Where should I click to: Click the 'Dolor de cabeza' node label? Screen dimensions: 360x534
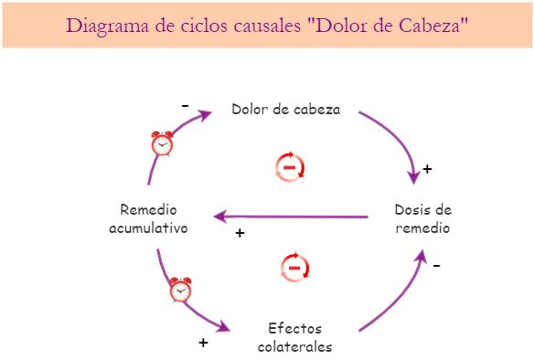[x=285, y=110]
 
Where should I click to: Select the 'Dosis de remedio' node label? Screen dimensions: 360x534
[x=422, y=218]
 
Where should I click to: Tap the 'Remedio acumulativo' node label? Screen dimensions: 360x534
[x=148, y=218]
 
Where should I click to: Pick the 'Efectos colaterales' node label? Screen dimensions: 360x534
[x=294, y=337]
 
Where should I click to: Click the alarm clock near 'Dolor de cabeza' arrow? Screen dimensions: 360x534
[x=163, y=143]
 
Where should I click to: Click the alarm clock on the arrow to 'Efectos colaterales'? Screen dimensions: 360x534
[x=180, y=290]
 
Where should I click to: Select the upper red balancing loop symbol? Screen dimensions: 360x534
[x=290, y=167]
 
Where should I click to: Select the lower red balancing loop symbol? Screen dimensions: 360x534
[x=294, y=269]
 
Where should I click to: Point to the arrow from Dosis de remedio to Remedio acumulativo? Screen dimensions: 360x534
[x=293, y=217]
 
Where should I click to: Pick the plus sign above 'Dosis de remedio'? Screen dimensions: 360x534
[x=427, y=170]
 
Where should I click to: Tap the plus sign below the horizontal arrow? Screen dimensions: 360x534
[x=240, y=234]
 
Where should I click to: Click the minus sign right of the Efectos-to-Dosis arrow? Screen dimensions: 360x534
[x=436, y=266]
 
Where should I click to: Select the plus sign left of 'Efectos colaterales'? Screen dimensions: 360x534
[x=203, y=344]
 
